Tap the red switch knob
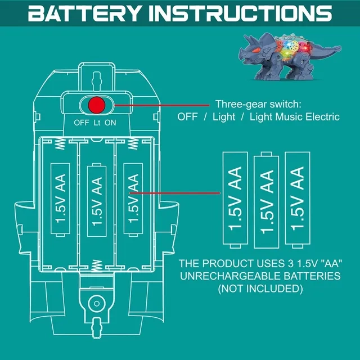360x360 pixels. coord(96,105)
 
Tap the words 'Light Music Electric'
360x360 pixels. coord(295,117)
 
